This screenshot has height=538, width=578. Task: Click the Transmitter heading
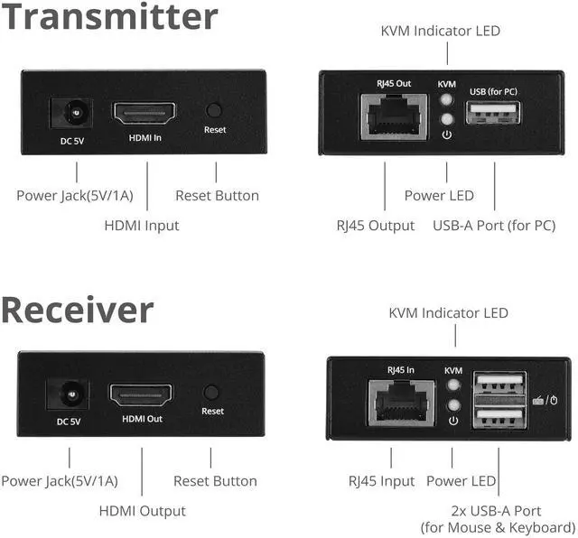[x=109, y=17]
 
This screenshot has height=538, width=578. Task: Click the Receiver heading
[x=77, y=309]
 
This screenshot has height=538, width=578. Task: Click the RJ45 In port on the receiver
[x=399, y=398]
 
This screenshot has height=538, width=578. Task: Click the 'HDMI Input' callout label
[x=142, y=226]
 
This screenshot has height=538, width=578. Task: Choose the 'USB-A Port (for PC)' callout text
[x=507, y=226]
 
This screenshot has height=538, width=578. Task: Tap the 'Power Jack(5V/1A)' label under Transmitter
[x=74, y=195]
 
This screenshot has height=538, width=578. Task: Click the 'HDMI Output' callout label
[x=142, y=511]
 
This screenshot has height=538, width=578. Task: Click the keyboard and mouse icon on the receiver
[x=545, y=400]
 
